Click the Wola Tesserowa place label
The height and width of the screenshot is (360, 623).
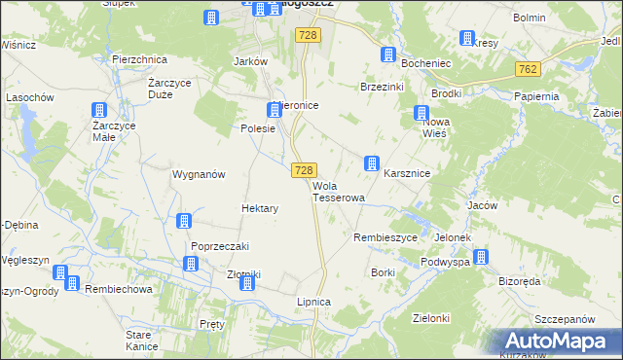(338, 192)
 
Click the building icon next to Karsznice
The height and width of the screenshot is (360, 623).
(371, 163)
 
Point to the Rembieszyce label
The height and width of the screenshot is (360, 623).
(385, 237)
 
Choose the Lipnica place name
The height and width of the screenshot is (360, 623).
(314, 303)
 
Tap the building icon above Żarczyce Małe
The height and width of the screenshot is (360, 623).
(98, 112)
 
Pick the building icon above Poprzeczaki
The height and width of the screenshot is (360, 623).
(184, 222)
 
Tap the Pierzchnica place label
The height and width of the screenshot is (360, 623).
(139, 59)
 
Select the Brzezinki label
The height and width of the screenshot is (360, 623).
(382, 87)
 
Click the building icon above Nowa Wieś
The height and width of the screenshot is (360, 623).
(421, 112)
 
